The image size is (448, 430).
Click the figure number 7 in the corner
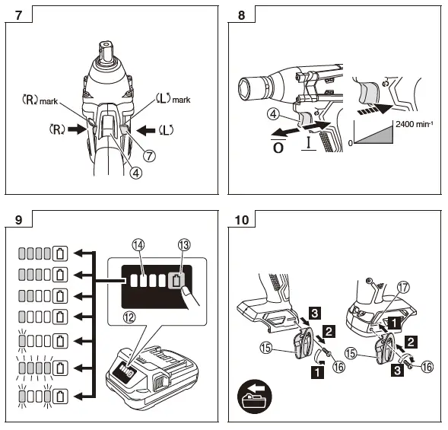coord(18,14)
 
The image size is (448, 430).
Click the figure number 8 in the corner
coord(243,14)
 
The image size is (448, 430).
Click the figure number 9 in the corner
coord(18,221)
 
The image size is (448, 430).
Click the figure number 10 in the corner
coord(243,221)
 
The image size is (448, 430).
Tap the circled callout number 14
coord(137,245)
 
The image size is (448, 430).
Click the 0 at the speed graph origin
coord(351,142)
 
